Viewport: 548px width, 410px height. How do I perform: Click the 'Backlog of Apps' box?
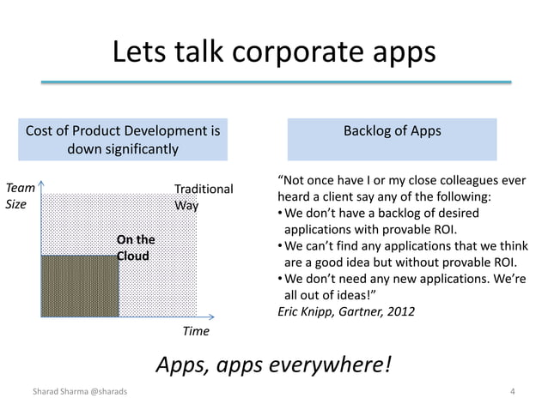click(392, 140)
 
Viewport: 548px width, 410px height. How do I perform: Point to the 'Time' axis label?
click(197, 330)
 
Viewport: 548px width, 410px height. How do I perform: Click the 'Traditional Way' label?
click(203, 197)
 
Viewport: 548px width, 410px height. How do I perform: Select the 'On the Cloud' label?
click(136, 248)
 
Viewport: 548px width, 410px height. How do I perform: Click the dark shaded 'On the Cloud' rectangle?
click(79, 286)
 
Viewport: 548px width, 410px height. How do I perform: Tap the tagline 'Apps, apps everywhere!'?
click(274, 365)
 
